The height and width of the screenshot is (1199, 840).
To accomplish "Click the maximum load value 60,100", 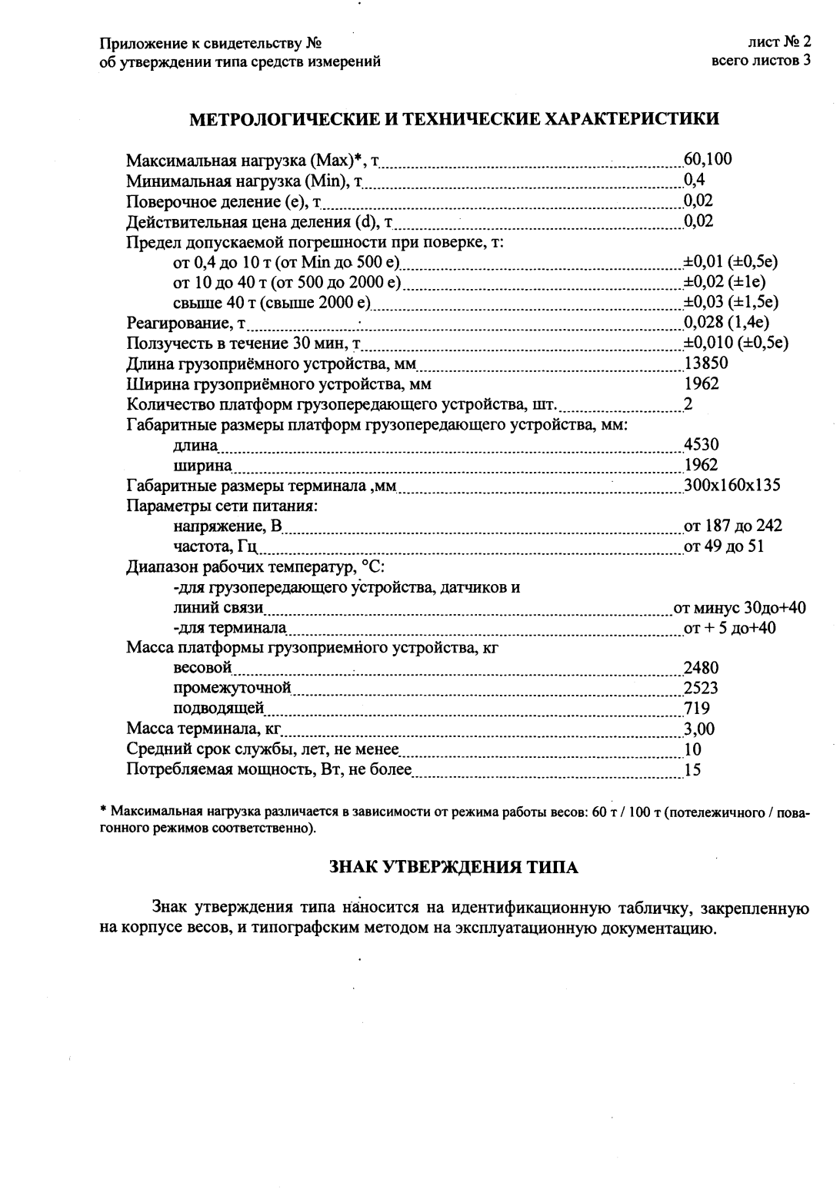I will click(708, 160).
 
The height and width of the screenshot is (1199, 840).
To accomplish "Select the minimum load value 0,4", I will click(695, 180).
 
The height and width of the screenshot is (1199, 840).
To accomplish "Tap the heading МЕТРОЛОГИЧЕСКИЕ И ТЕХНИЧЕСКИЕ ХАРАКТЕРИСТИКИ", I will click(455, 119).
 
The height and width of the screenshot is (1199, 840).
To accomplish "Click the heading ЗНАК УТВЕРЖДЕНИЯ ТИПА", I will click(454, 868).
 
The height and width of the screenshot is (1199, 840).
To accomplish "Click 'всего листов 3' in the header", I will click(762, 61).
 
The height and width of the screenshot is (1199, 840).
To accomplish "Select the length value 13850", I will click(706, 363).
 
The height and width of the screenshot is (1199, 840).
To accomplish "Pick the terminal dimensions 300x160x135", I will click(732, 485).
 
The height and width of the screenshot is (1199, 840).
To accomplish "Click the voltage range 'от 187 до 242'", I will click(733, 526).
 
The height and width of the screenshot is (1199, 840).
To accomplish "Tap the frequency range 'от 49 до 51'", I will click(724, 546).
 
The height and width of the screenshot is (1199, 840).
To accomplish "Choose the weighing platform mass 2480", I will click(701, 668).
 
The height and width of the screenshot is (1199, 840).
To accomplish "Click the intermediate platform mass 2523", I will click(701, 688).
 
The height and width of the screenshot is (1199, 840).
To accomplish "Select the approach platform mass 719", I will click(697, 709).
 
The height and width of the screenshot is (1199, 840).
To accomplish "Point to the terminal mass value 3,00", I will click(699, 729).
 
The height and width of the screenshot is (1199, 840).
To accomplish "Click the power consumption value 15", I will click(692, 769).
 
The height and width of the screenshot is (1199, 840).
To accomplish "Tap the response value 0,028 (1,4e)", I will click(727, 322).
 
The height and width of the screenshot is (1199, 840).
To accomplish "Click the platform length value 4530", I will click(701, 444).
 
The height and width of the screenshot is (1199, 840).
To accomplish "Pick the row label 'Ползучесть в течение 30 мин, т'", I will click(244, 343).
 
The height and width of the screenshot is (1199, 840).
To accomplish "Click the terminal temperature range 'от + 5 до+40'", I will click(730, 628).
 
